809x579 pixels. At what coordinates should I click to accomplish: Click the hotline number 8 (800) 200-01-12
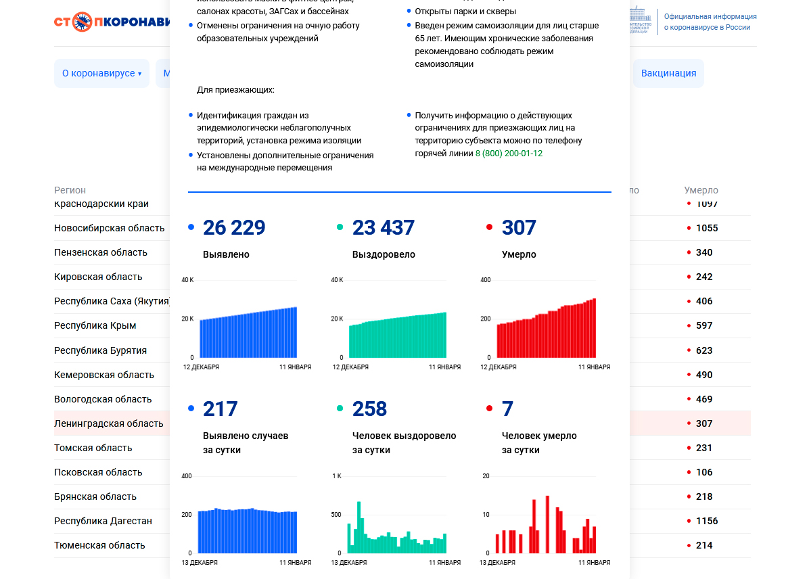[509, 154]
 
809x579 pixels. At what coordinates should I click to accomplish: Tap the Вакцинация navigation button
[668, 73]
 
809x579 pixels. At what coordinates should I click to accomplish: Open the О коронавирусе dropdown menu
[101, 73]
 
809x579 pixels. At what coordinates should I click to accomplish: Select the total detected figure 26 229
[234, 228]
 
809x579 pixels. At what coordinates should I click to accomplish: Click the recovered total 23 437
[383, 228]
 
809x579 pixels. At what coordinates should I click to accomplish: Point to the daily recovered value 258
[369, 409]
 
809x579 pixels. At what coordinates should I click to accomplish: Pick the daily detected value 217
[220, 409]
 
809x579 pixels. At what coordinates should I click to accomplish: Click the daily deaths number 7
[507, 409]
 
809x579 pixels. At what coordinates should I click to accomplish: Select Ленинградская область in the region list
[109, 423]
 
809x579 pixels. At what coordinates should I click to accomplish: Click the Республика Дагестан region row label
[103, 521]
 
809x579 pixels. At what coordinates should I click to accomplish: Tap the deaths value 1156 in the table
[707, 521]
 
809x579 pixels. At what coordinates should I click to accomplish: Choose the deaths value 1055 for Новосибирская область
[707, 228]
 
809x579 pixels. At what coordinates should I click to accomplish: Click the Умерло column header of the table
[701, 190]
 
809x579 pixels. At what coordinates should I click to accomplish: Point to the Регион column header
[70, 190]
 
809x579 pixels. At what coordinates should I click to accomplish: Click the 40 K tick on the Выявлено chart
[187, 279]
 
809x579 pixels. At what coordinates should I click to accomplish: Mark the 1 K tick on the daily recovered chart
[336, 476]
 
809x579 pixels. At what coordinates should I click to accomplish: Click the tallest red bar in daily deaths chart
[547, 525]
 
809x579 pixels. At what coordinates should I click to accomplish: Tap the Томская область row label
[93, 448]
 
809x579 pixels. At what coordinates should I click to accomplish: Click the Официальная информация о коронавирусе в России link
[710, 22]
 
